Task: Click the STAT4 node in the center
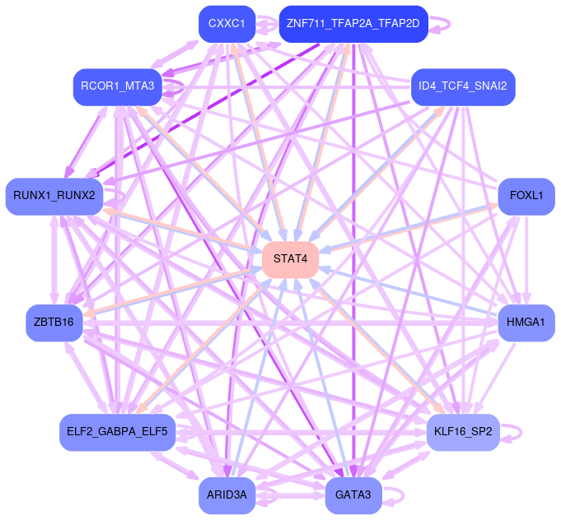pos(291,259)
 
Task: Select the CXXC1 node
pos(227,24)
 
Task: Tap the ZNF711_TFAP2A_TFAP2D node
pos(353,24)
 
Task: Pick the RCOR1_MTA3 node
pos(117,86)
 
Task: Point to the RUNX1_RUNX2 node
pos(54,196)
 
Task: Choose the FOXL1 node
pos(526,196)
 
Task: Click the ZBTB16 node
pos(54,322)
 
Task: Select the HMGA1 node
pos(526,322)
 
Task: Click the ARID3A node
pos(227,495)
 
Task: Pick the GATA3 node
pos(353,495)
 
